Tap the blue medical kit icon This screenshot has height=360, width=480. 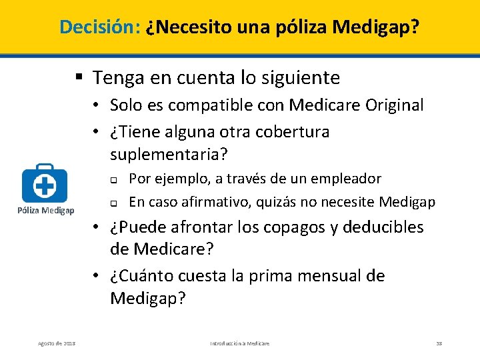pyautogui.click(x=45, y=182)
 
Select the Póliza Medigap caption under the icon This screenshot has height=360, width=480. pyautogui.click(x=46, y=211)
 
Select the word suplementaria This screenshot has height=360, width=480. pyautogui.click(x=167, y=155)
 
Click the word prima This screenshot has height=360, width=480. pyautogui.click(x=271, y=276)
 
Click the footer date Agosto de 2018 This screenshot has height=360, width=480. pyautogui.click(x=57, y=343)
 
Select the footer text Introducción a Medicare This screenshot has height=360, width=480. pyautogui.click(x=240, y=343)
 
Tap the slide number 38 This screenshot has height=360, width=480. pyautogui.click(x=439, y=343)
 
